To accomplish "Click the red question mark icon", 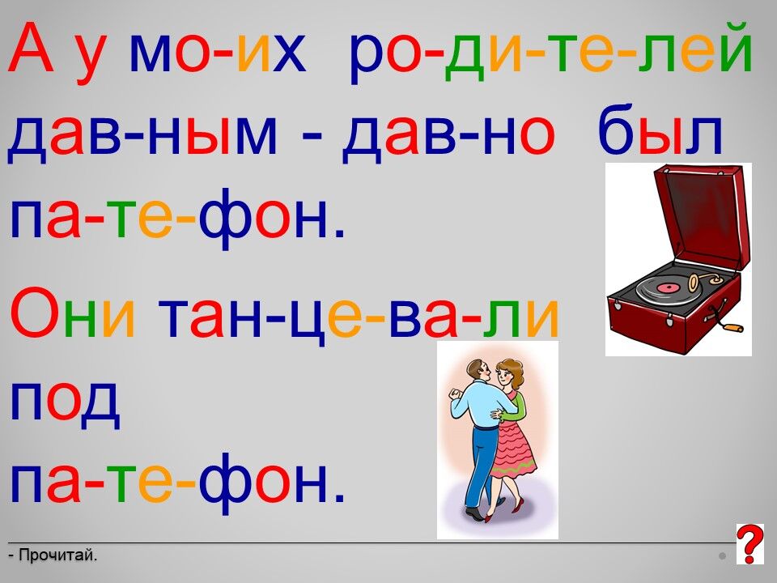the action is pyautogui.click(x=749, y=544).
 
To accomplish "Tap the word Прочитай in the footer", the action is pyautogui.click(x=57, y=555).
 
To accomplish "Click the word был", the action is pyautogui.click(x=660, y=130).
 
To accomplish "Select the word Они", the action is pyautogui.click(x=72, y=313).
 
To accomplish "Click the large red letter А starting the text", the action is pyautogui.click(x=31, y=49).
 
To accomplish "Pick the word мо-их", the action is pyautogui.click(x=217, y=53).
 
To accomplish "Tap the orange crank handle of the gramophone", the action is pyautogui.click(x=732, y=327).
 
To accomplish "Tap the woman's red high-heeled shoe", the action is pyautogui.click(x=518, y=504).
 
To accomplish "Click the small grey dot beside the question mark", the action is pyautogui.click(x=723, y=556).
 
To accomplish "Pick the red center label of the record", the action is pyautogui.click(x=667, y=287).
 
